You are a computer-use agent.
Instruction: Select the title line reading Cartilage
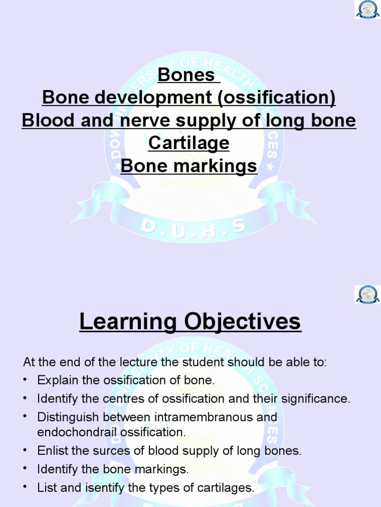point(189,143)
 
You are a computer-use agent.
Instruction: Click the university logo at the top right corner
point(368,9)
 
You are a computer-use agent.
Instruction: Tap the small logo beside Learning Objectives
point(368,294)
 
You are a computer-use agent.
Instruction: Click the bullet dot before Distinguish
point(25,417)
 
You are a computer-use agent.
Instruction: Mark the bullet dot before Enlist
point(25,451)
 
